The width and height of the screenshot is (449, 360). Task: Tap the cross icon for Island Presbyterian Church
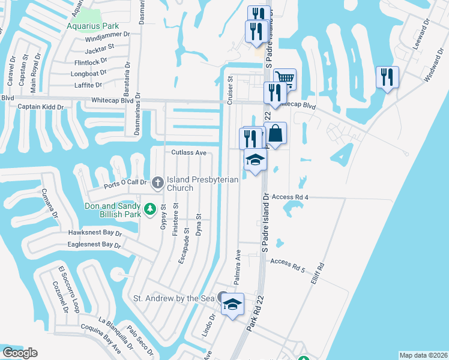point(158,182)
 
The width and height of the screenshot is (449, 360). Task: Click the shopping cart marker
point(285,79)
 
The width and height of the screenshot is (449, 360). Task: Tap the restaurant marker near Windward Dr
point(387,77)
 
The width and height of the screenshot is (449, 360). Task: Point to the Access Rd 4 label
point(289,197)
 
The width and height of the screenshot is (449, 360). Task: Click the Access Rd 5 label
point(288,262)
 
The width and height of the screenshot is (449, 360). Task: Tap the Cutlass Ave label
point(188,153)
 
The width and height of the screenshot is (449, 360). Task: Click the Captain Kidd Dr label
point(41,107)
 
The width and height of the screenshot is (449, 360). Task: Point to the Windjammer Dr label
point(107,34)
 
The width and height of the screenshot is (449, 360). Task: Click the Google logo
point(20,353)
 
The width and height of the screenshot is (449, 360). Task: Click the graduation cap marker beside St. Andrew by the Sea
point(232,305)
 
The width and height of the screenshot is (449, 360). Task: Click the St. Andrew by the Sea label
point(173,298)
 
